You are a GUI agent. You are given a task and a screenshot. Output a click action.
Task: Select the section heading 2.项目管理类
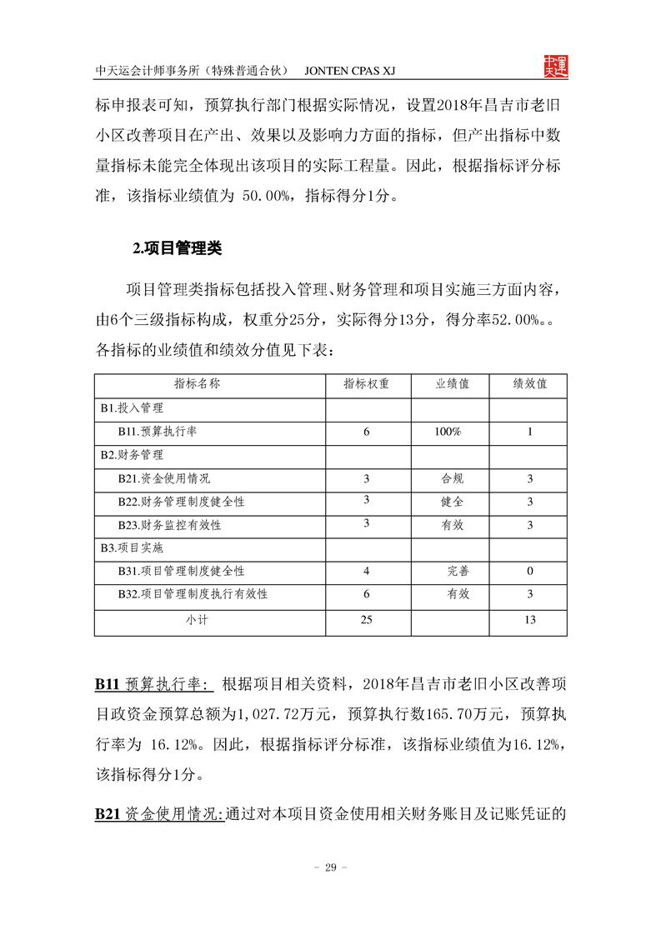pos(177,247)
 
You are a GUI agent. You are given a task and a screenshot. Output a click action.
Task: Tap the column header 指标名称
pos(197,384)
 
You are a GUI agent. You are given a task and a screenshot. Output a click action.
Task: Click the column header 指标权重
pos(366,384)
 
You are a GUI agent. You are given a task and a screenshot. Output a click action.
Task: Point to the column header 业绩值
pos(453,384)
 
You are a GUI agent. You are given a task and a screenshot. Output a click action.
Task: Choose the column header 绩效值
pos(529,384)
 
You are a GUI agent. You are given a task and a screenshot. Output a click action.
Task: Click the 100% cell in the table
pos(448,432)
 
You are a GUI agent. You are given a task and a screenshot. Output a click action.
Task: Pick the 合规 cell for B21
pos(453,479)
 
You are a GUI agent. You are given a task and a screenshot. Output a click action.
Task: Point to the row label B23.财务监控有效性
pos(169,526)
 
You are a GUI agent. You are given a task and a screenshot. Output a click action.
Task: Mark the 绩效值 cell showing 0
pos(529,572)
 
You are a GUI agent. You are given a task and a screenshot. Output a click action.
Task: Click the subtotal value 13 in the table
pos(529,619)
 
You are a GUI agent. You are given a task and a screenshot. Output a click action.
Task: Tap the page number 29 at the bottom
pos(330,867)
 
